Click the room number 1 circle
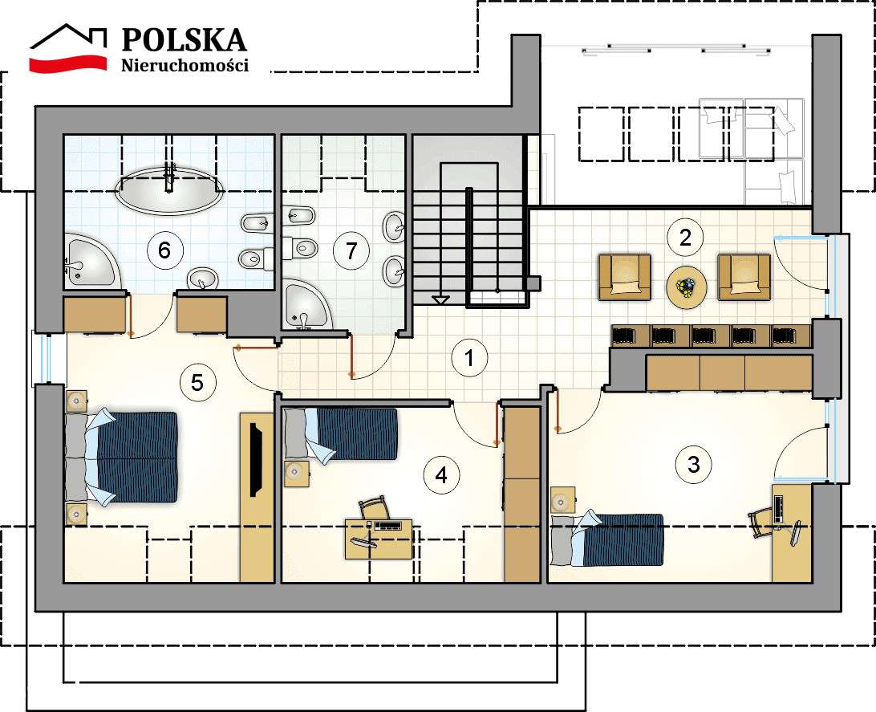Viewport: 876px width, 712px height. coord(468,359)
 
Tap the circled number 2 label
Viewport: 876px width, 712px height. coord(684,237)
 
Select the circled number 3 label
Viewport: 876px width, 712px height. coord(693,463)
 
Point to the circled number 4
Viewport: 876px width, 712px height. coord(440,474)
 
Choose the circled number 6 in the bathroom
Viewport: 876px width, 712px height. coord(164,250)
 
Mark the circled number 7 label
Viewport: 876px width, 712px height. coord(350,250)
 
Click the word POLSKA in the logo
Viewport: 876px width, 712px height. coord(184,39)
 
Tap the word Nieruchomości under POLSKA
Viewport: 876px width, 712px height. coord(185,65)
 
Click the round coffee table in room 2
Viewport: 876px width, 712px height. coord(687,287)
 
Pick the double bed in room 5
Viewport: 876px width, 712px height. coord(124,458)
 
